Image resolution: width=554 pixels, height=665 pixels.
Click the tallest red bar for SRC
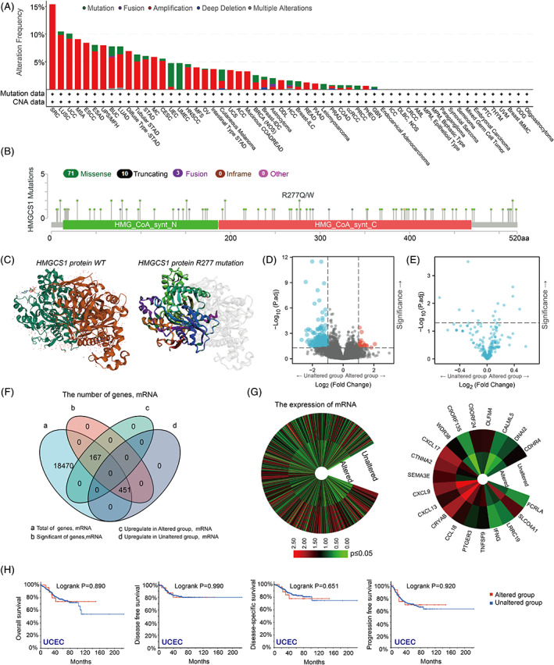point(52,47)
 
